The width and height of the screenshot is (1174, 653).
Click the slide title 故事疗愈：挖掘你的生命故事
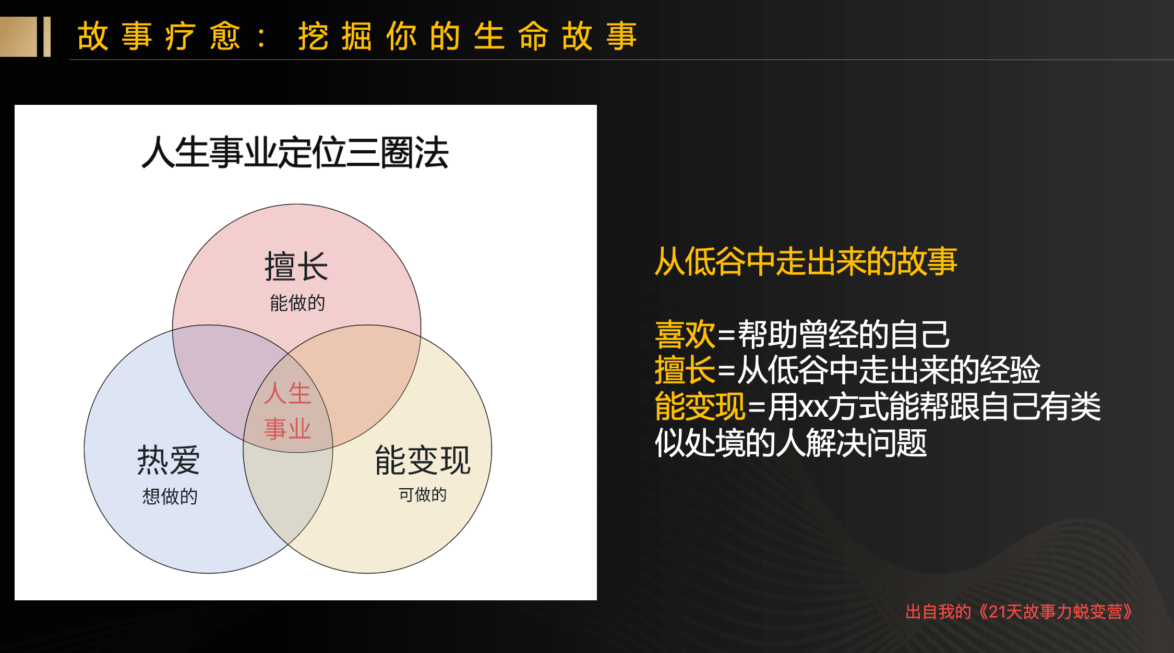click(357, 37)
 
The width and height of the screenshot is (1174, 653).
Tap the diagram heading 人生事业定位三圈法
click(295, 153)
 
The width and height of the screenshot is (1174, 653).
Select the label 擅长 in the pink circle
click(296, 267)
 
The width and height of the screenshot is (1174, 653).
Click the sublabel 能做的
click(297, 303)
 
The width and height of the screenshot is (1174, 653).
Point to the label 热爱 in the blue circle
click(169, 460)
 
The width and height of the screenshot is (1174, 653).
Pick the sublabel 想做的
click(170, 496)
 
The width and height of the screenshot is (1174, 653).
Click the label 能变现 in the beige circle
click(423, 460)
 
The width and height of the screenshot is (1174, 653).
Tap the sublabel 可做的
click(423, 494)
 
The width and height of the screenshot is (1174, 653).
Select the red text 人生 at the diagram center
click(287, 393)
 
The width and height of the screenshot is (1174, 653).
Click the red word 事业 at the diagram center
click(287, 429)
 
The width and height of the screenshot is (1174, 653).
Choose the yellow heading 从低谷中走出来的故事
click(806, 261)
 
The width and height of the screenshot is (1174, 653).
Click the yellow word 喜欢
click(685, 334)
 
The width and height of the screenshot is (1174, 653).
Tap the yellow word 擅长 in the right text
click(685, 370)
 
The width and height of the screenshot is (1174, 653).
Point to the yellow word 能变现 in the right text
click(700, 406)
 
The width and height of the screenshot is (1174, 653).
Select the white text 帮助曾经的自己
click(844, 334)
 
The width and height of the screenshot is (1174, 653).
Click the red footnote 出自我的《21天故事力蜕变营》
click(1019, 612)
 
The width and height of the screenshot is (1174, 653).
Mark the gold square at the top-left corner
click(18, 37)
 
